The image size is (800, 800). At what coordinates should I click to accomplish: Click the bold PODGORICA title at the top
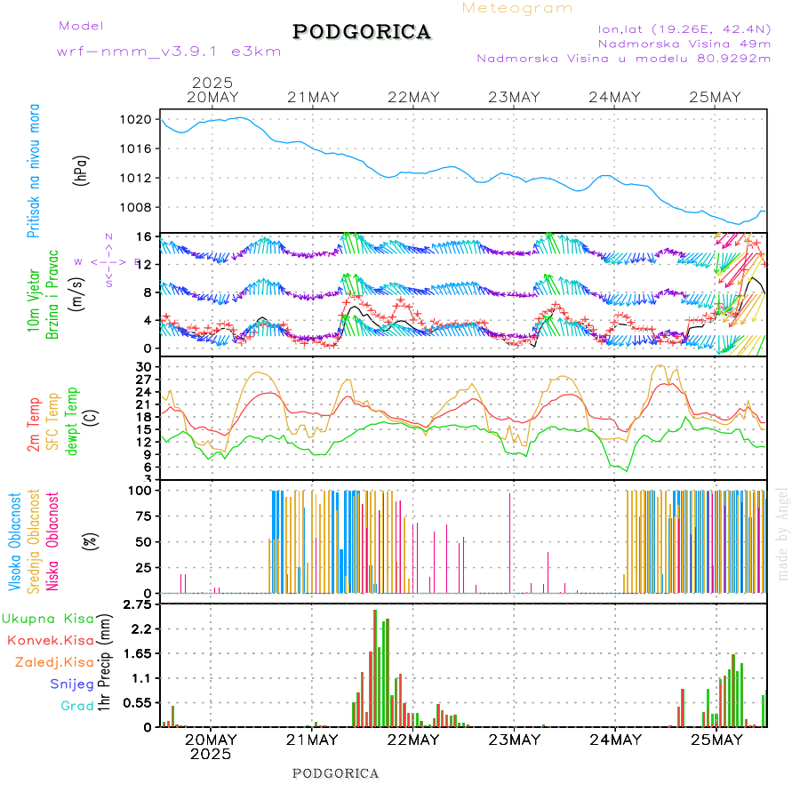coord(362,32)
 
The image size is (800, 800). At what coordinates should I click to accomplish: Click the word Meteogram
coord(517,8)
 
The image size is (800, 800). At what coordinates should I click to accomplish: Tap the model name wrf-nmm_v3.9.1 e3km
coord(169,52)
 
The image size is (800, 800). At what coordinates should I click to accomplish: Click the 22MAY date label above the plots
coord(413,98)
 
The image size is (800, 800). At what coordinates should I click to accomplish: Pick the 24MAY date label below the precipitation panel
coord(614,740)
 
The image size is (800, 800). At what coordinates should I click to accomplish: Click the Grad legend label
coord(77,707)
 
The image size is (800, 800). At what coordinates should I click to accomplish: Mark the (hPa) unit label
coord(81,169)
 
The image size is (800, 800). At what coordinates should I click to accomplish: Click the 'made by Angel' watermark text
coord(783,533)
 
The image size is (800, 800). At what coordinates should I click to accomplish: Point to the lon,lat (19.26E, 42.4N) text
coord(685,28)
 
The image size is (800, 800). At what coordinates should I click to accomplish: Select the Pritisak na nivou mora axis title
coord(34,171)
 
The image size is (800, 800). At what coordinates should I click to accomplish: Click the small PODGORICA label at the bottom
coord(336,773)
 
